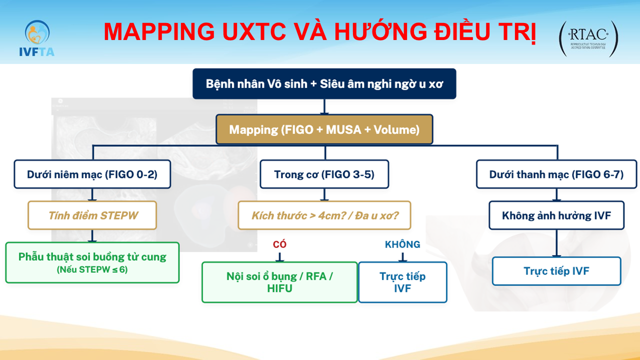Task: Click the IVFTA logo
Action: tap(36, 38)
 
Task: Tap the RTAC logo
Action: tap(588, 38)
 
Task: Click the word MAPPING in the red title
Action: tap(159, 31)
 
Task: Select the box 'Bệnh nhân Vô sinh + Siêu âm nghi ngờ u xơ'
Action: tap(324, 83)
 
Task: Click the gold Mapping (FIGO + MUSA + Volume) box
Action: tap(324, 129)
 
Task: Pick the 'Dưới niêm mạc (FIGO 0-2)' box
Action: tap(92, 174)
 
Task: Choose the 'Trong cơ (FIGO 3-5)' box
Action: tap(324, 174)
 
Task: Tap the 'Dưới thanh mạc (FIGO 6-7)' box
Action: tap(556, 174)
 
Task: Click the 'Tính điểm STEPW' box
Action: tap(92, 215)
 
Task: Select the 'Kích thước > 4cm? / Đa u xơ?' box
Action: tap(324, 215)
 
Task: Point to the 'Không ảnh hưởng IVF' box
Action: tap(556, 215)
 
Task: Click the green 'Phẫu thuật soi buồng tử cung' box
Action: tap(92, 262)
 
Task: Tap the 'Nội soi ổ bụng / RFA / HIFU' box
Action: tap(279, 282)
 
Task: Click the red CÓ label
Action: tap(279, 244)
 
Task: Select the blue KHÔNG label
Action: tap(402, 244)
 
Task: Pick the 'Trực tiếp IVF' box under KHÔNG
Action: tap(402, 282)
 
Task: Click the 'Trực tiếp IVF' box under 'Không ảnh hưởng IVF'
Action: tap(556, 271)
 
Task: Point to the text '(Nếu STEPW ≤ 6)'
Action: tap(92, 269)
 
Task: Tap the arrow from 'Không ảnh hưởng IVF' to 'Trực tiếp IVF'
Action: tap(556, 243)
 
